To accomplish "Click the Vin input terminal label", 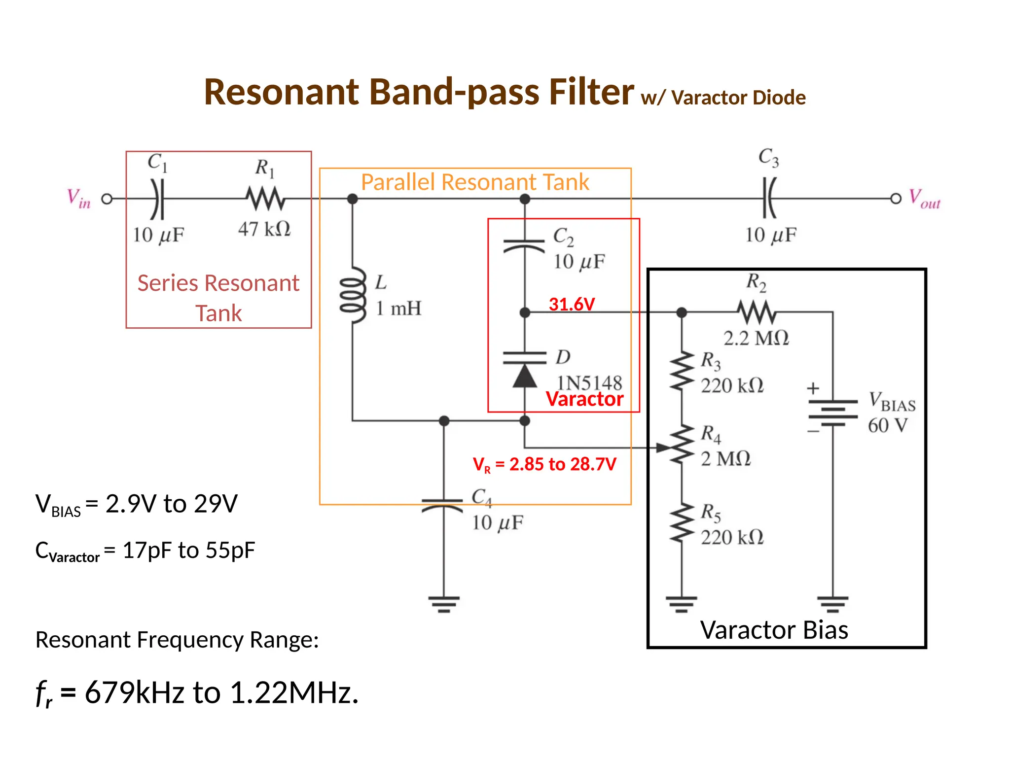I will coord(79,199).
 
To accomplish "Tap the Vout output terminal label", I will coord(924,199).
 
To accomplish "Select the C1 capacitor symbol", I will coord(157,199).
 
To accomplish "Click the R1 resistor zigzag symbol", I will coord(265,199).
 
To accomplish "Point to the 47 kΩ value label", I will coord(264,229).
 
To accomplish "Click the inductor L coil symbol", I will coord(353,295).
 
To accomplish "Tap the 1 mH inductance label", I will coord(398,309).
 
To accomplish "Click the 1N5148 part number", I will coord(589,383).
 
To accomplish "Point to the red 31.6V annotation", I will coord(572,304).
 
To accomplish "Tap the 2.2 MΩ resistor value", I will coord(756,338).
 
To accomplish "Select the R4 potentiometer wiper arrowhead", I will coord(662,447).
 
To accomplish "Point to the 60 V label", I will coord(888,425).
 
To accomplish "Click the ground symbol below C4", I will coord(444,604).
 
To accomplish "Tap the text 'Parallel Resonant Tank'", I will coord(475,182).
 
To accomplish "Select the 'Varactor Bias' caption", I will coord(774,630).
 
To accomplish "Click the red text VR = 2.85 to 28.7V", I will coord(544,464).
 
